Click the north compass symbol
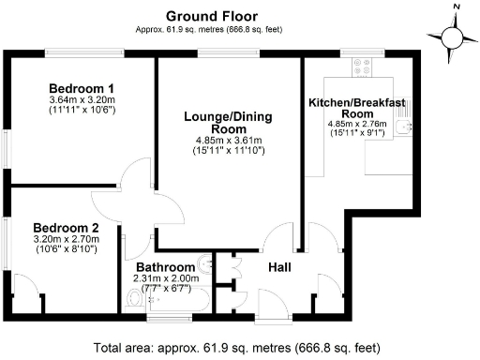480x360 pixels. point(454,37)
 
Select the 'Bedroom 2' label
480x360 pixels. point(66,227)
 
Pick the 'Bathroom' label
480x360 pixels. point(165,268)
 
